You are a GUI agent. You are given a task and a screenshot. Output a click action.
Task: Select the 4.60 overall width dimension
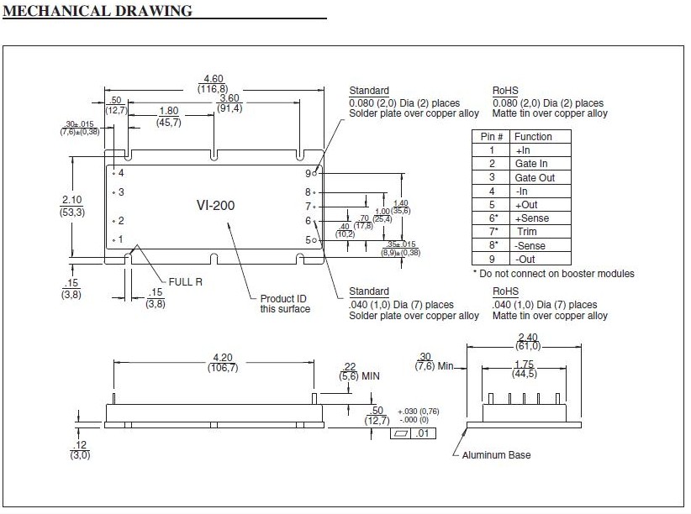(213, 78)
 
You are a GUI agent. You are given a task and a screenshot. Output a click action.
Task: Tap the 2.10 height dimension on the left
(71, 199)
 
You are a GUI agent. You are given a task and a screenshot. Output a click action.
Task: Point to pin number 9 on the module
(309, 173)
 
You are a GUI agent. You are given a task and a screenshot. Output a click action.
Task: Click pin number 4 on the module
(121, 173)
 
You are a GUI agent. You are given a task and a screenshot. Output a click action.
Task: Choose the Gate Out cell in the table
(535, 177)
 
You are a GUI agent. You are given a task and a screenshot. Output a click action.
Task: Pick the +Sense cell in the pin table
(533, 218)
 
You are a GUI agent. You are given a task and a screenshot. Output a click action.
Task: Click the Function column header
(533, 136)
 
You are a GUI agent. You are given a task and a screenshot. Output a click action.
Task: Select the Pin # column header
(492, 136)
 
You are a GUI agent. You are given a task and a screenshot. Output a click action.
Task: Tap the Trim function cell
(526, 232)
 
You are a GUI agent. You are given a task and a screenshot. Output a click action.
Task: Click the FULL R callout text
(185, 282)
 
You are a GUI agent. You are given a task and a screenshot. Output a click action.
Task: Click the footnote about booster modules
(553, 274)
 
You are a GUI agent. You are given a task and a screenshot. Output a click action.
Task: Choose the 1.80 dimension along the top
(169, 111)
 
